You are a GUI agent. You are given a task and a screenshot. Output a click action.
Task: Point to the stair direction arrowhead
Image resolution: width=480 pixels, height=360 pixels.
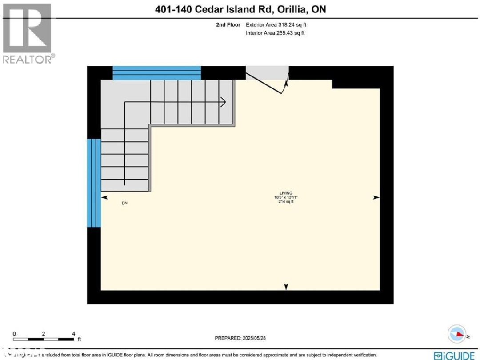224,102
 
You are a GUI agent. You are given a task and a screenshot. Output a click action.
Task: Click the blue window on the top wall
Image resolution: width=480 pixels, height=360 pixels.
156,72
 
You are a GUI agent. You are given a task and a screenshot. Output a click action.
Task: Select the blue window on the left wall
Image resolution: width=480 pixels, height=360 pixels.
94,183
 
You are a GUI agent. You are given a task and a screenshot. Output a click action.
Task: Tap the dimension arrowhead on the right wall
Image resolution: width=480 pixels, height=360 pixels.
376,197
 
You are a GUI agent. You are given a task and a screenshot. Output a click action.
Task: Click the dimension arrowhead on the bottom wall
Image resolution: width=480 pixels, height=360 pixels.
286,287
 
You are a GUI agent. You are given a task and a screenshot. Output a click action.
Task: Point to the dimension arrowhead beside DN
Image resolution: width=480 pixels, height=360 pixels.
104,197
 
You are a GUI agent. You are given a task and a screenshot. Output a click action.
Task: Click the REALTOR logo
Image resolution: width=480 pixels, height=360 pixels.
28,33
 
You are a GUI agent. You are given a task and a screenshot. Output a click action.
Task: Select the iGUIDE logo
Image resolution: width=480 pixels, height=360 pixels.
455,355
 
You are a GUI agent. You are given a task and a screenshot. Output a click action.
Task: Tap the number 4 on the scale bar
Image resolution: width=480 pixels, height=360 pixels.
73,333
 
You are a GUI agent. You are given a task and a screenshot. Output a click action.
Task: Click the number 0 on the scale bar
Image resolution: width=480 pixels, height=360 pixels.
14,333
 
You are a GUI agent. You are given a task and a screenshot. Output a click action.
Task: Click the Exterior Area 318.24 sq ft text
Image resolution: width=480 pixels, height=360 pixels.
276,25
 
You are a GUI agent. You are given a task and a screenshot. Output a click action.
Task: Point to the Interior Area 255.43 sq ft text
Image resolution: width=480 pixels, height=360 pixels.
275,33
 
